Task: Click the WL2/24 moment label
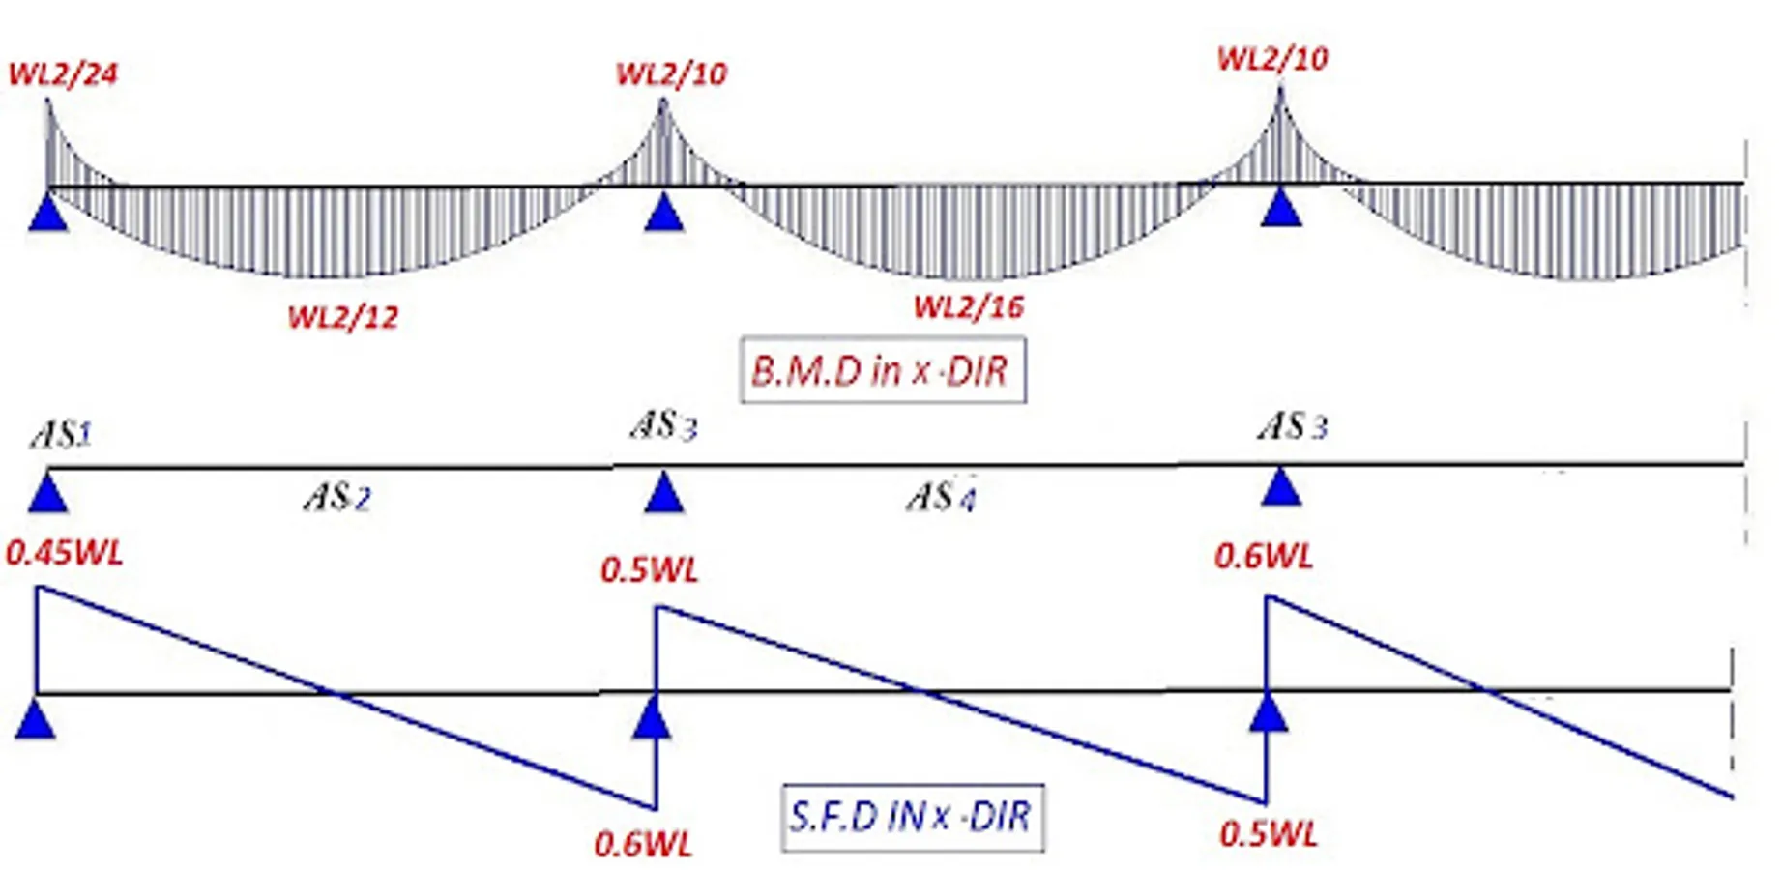pyautogui.click(x=63, y=74)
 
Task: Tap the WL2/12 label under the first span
pyautogui.click(x=343, y=317)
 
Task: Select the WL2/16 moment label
pyautogui.click(x=968, y=307)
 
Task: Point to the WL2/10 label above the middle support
pyautogui.click(x=671, y=74)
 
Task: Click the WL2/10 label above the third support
pyautogui.click(x=1272, y=59)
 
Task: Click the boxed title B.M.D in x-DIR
pyautogui.click(x=882, y=370)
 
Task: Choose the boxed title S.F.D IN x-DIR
pyautogui.click(x=912, y=818)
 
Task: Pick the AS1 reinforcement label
pyautogui.click(x=61, y=435)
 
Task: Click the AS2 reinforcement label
pyautogui.click(x=336, y=498)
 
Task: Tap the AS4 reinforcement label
pyautogui.click(x=941, y=497)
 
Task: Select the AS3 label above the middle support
pyautogui.click(x=663, y=425)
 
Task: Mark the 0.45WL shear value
pyautogui.click(x=65, y=554)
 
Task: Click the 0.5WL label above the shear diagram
pyautogui.click(x=649, y=570)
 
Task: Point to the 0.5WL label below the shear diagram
pyautogui.click(x=1268, y=834)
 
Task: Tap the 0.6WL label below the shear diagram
pyautogui.click(x=643, y=845)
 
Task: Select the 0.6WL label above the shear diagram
pyautogui.click(x=1264, y=557)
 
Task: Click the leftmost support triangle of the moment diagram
pyautogui.click(x=47, y=214)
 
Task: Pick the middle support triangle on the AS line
pyautogui.click(x=663, y=493)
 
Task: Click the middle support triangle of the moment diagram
pyautogui.click(x=663, y=213)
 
